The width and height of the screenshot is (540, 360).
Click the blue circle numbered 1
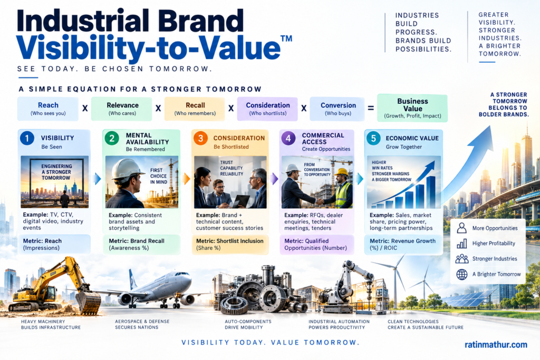27,138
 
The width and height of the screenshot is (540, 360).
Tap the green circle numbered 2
112,139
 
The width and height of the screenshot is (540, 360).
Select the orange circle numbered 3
200,138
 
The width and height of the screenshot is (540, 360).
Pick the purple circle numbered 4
288,138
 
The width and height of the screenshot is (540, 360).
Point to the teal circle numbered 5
373,138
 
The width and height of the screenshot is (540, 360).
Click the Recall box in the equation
195,109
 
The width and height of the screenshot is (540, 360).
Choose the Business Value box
412,108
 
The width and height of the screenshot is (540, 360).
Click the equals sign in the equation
371,109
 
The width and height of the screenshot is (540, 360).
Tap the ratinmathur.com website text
496,345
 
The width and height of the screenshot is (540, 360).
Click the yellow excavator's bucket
88,303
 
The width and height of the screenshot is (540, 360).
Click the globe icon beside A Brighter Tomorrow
462,274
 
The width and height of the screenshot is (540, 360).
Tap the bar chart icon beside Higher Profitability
462,244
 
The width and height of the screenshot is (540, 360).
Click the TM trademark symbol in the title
286,38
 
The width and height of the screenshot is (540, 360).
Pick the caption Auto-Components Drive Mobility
248,324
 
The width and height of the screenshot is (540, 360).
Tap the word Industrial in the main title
83,21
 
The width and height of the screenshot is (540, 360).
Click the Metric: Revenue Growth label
402,245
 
